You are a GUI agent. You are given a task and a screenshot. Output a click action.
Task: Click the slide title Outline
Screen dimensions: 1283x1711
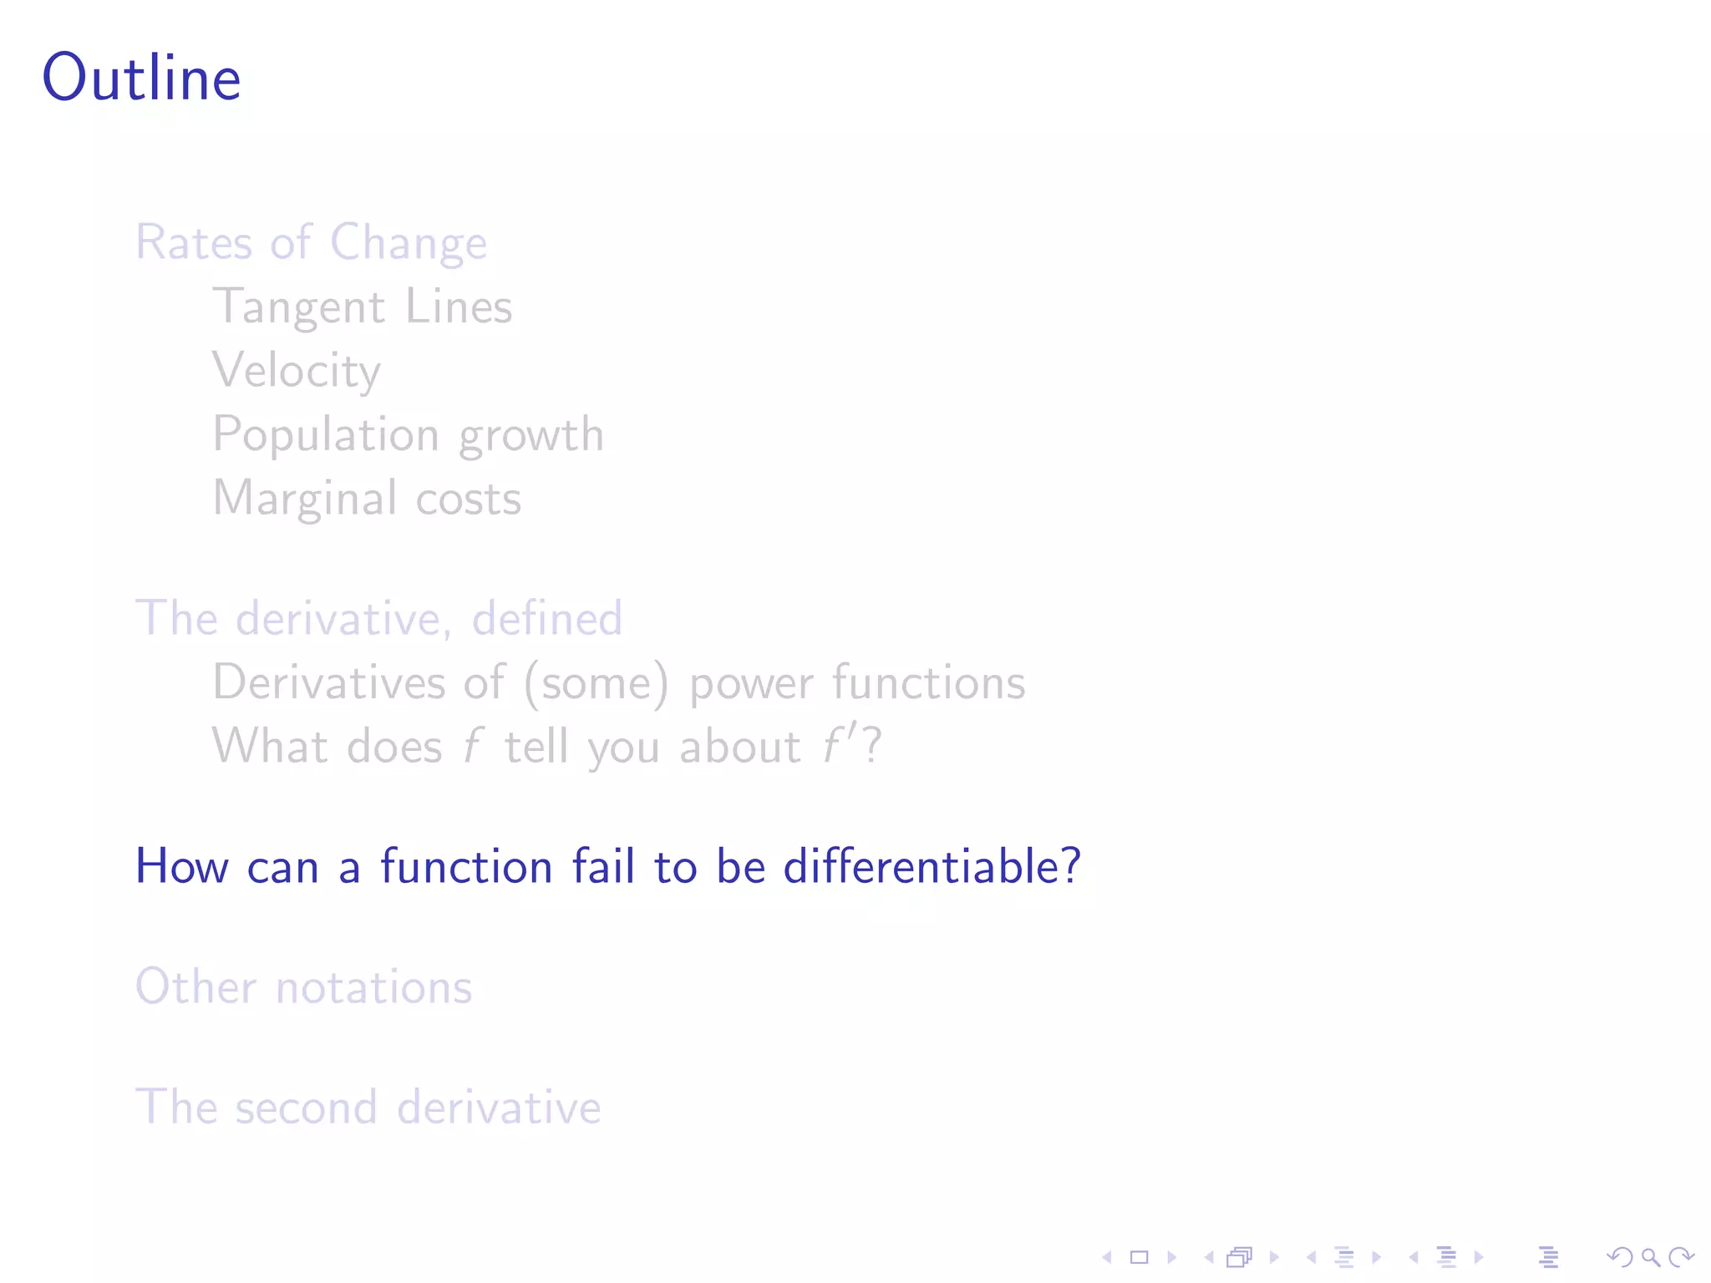pyautogui.click(x=142, y=78)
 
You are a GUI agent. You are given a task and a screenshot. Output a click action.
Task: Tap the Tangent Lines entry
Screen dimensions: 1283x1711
pyautogui.click(x=362, y=307)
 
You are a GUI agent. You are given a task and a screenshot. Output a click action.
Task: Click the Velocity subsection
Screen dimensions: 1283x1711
pyautogui.click(x=297, y=370)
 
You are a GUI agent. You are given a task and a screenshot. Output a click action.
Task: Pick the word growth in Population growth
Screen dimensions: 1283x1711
pyautogui.click(x=531, y=435)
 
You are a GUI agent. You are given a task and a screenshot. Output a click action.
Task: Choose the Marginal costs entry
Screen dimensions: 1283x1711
pyautogui.click(x=367, y=499)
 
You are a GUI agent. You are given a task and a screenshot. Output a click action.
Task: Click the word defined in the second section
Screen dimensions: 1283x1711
pyautogui.click(x=547, y=619)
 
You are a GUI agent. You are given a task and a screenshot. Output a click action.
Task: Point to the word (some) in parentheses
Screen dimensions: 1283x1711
pyautogui.click(x=597, y=683)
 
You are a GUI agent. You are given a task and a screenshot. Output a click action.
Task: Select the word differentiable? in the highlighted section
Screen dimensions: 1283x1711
pyautogui.click(x=932, y=866)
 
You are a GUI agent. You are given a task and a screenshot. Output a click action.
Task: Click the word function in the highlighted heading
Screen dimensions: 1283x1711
pyautogui.click(x=466, y=866)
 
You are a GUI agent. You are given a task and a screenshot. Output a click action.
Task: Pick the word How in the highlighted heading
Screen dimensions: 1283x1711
pyautogui.click(x=182, y=866)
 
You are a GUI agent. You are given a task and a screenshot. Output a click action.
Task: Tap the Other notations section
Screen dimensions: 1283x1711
pyautogui.click(x=304, y=987)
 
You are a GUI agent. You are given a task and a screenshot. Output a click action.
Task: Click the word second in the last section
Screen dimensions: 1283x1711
pyautogui.click(x=306, y=1108)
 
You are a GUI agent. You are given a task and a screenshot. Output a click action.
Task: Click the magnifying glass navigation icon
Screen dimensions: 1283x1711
pyautogui.click(x=1650, y=1257)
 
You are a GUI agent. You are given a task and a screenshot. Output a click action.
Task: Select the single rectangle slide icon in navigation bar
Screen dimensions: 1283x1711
pyautogui.click(x=1140, y=1257)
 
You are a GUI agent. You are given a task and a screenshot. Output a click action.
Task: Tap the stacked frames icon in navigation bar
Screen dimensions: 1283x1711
pyautogui.click(x=1240, y=1257)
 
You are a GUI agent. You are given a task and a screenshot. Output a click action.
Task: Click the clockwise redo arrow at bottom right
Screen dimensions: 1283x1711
pyautogui.click(x=1681, y=1257)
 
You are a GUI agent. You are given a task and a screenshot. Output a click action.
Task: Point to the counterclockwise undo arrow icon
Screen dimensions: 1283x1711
pyautogui.click(x=1620, y=1257)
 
